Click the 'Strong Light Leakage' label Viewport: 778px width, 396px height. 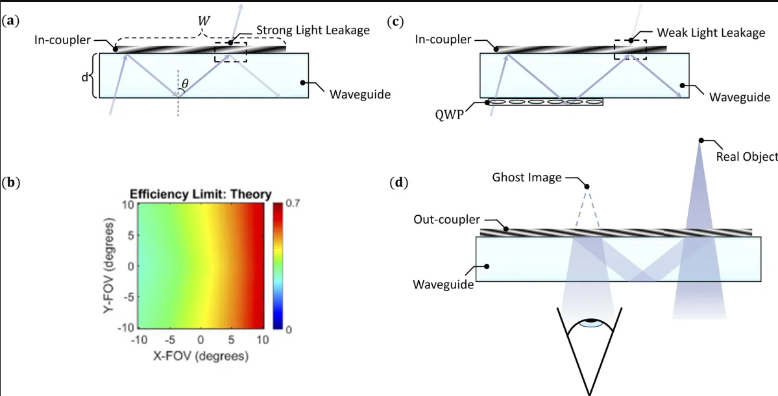coord(313,30)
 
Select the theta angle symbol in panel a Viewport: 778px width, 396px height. coord(185,84)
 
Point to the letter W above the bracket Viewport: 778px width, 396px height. coord(202,22)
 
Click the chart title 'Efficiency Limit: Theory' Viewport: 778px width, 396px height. coord(201,195)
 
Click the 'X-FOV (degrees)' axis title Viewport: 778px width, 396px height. coord(199,356)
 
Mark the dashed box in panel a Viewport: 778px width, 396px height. coord(231,52)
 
